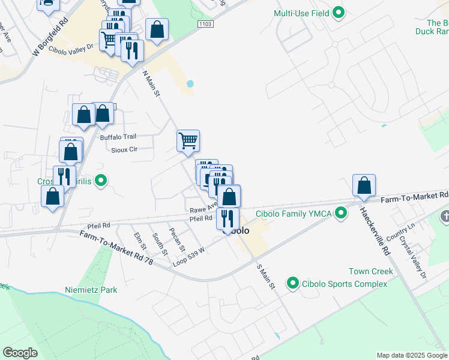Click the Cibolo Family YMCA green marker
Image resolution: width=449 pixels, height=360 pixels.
click(x=341, y=212)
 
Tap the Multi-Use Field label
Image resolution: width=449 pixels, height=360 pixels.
click(x=302, y=13)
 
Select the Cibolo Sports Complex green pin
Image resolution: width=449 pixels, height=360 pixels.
click(x=293, y=282)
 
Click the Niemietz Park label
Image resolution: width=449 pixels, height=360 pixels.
click(x=91, y=290)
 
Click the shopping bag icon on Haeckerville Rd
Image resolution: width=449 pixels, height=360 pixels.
click(x=364, y=185)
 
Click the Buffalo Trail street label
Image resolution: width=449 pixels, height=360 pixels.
click(x=118, y=137)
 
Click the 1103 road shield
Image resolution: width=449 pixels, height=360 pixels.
click(x=205, y=22)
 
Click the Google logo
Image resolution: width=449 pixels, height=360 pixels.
click(x=20, y=353)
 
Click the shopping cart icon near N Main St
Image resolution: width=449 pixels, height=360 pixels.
click(x=188, y=141)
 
